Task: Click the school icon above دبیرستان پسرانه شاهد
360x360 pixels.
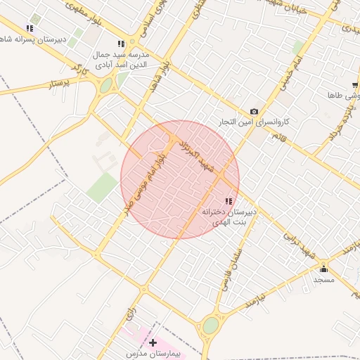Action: (x=30, y=29)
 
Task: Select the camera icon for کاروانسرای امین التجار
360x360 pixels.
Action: (x=254, y=111)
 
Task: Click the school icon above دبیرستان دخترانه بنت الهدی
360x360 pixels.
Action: (x=227, y=201)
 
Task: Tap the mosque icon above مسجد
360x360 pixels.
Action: (x=323, y=268)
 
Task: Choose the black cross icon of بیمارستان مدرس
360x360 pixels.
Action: (x=153, y=342)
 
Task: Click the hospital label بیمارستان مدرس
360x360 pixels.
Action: (x=154, y=354)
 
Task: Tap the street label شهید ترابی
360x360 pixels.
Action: (x=299, y=243)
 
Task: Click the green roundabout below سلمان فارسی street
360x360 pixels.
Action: (x=210, y=326)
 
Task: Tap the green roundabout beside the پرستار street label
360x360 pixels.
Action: (x=106, y=86)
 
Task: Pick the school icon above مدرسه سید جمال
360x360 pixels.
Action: (x=121, y=44)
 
